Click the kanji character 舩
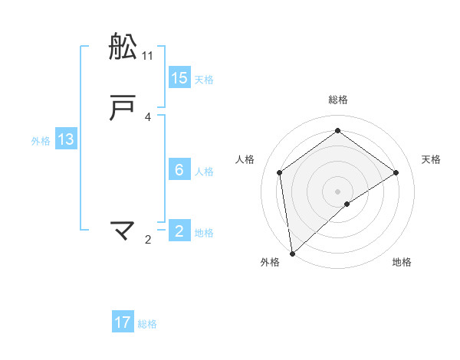[123, 47]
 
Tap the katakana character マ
[123, 231]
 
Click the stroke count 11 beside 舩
[148, 55]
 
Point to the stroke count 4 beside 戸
[148, 117]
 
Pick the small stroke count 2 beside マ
[148, 240]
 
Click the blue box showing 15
[179, 78]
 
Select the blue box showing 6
[179, 170]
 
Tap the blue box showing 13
[66, 139]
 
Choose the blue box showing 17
[123, 322]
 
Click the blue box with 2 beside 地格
[179, 231]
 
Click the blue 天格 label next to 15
[204, 80]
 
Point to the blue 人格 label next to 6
[204, 172]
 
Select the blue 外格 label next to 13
[41, 141]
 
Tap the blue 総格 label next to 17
[147, 324]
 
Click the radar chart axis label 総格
[338, 100]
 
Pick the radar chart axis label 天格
[432, 159]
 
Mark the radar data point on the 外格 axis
[292, 253]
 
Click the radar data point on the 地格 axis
[347, 204]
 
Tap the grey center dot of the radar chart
[338, 191]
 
